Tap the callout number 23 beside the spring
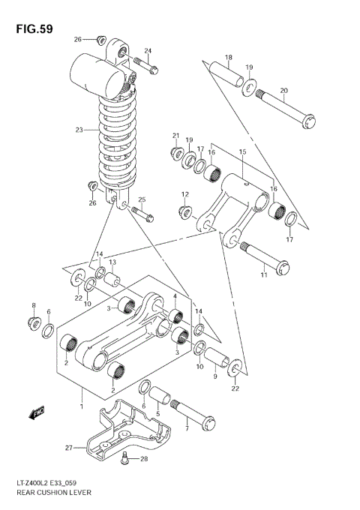[79, 130]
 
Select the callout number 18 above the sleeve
[229, 58]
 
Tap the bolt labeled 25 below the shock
[142, 213]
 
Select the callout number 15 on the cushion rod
[242, 152]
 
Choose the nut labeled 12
[185, 211]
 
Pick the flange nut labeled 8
[32, 323]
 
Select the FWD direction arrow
[35, 411]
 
